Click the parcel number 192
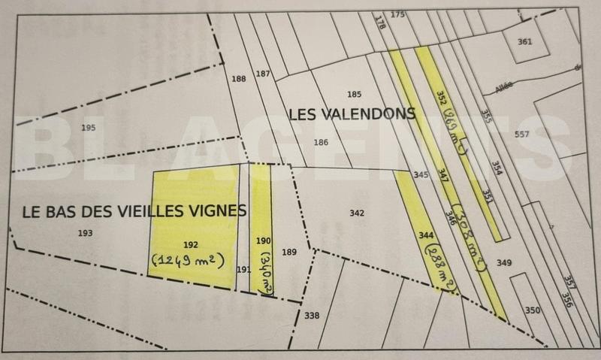(x=190, y=244)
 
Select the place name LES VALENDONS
(x=352, y=114)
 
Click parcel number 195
(x=89, y=128)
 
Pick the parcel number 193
(x=85, y=233)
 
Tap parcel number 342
(x=357, y=213)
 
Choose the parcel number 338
(x=312, y=315)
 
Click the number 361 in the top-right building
(x=524, y=41)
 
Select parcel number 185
(x=355, y=94)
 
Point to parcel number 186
(x=321, y=142)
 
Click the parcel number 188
(x=239, y=79)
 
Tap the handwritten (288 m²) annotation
(x=442, y=267)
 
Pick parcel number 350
(x=533, y=310)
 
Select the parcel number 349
(x=503, y=262)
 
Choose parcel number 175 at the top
(x=397, y=14)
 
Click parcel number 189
(x=288, y=252)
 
